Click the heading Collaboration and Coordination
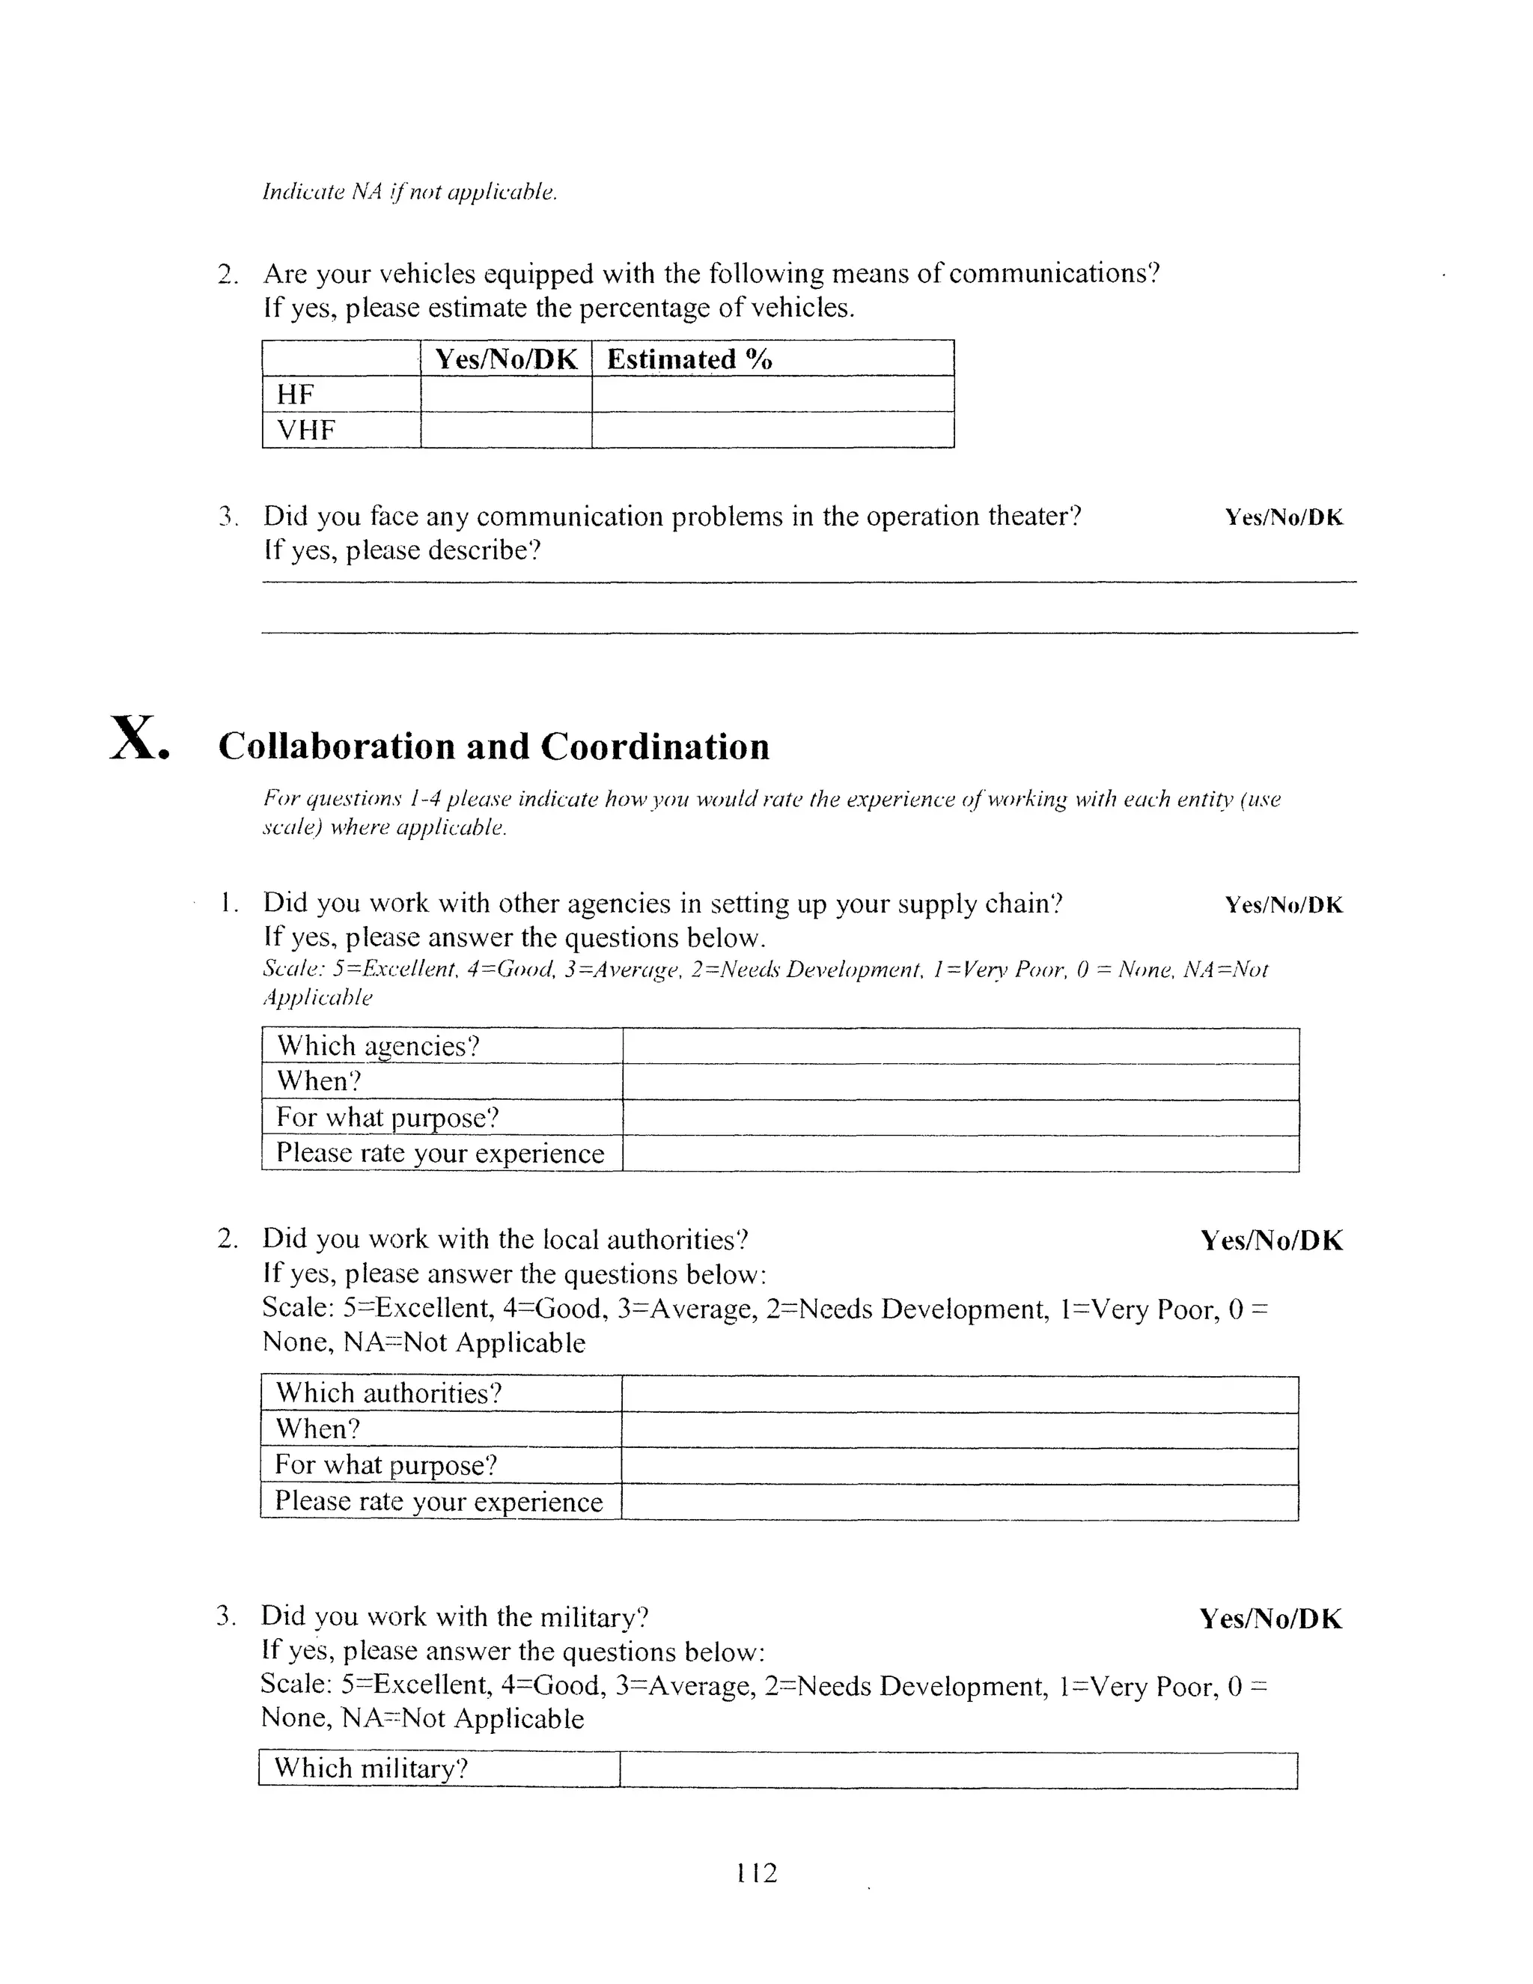pos(493,746)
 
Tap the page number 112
pos(757,1872)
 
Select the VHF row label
pos(306,430)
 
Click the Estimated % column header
pos(689,359)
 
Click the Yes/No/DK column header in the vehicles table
pos(506,359)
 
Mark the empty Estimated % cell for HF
pos(772,395)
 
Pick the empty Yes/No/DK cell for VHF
pos(506,430)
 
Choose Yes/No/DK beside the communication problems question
pos(1283,518)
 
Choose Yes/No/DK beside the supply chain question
pos(1283,905)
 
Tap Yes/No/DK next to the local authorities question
pos(1272,1241)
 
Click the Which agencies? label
pos(378,1046)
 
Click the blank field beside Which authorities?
pos(959,1393)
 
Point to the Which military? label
pos(371,1768)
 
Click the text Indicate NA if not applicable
pos(409,192)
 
